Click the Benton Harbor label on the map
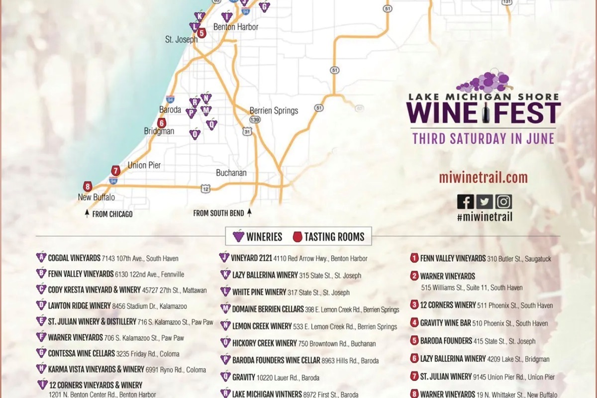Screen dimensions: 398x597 click(236, 27)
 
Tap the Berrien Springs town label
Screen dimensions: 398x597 click(274, 110)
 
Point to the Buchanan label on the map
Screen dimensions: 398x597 click(231, 173)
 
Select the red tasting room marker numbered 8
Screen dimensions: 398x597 click(88, 187)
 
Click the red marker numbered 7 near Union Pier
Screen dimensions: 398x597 click(116, 171)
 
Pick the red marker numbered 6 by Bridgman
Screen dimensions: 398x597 click(161, 123)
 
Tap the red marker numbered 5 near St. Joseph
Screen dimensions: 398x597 click(201, 33)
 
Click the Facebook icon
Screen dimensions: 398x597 click(465, 201)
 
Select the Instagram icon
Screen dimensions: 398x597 click(503, 201)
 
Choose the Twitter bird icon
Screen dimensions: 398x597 click(485, 201)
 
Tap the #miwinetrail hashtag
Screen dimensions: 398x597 click(485, 216)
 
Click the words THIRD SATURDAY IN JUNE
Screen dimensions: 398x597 click(483, 138)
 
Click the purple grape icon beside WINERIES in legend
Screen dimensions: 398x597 click(238, 236)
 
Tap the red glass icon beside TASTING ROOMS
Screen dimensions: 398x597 click(298, 236)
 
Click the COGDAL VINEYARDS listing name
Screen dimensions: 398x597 click(74, 258)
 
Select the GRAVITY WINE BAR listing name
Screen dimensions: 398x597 click(445, 323)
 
